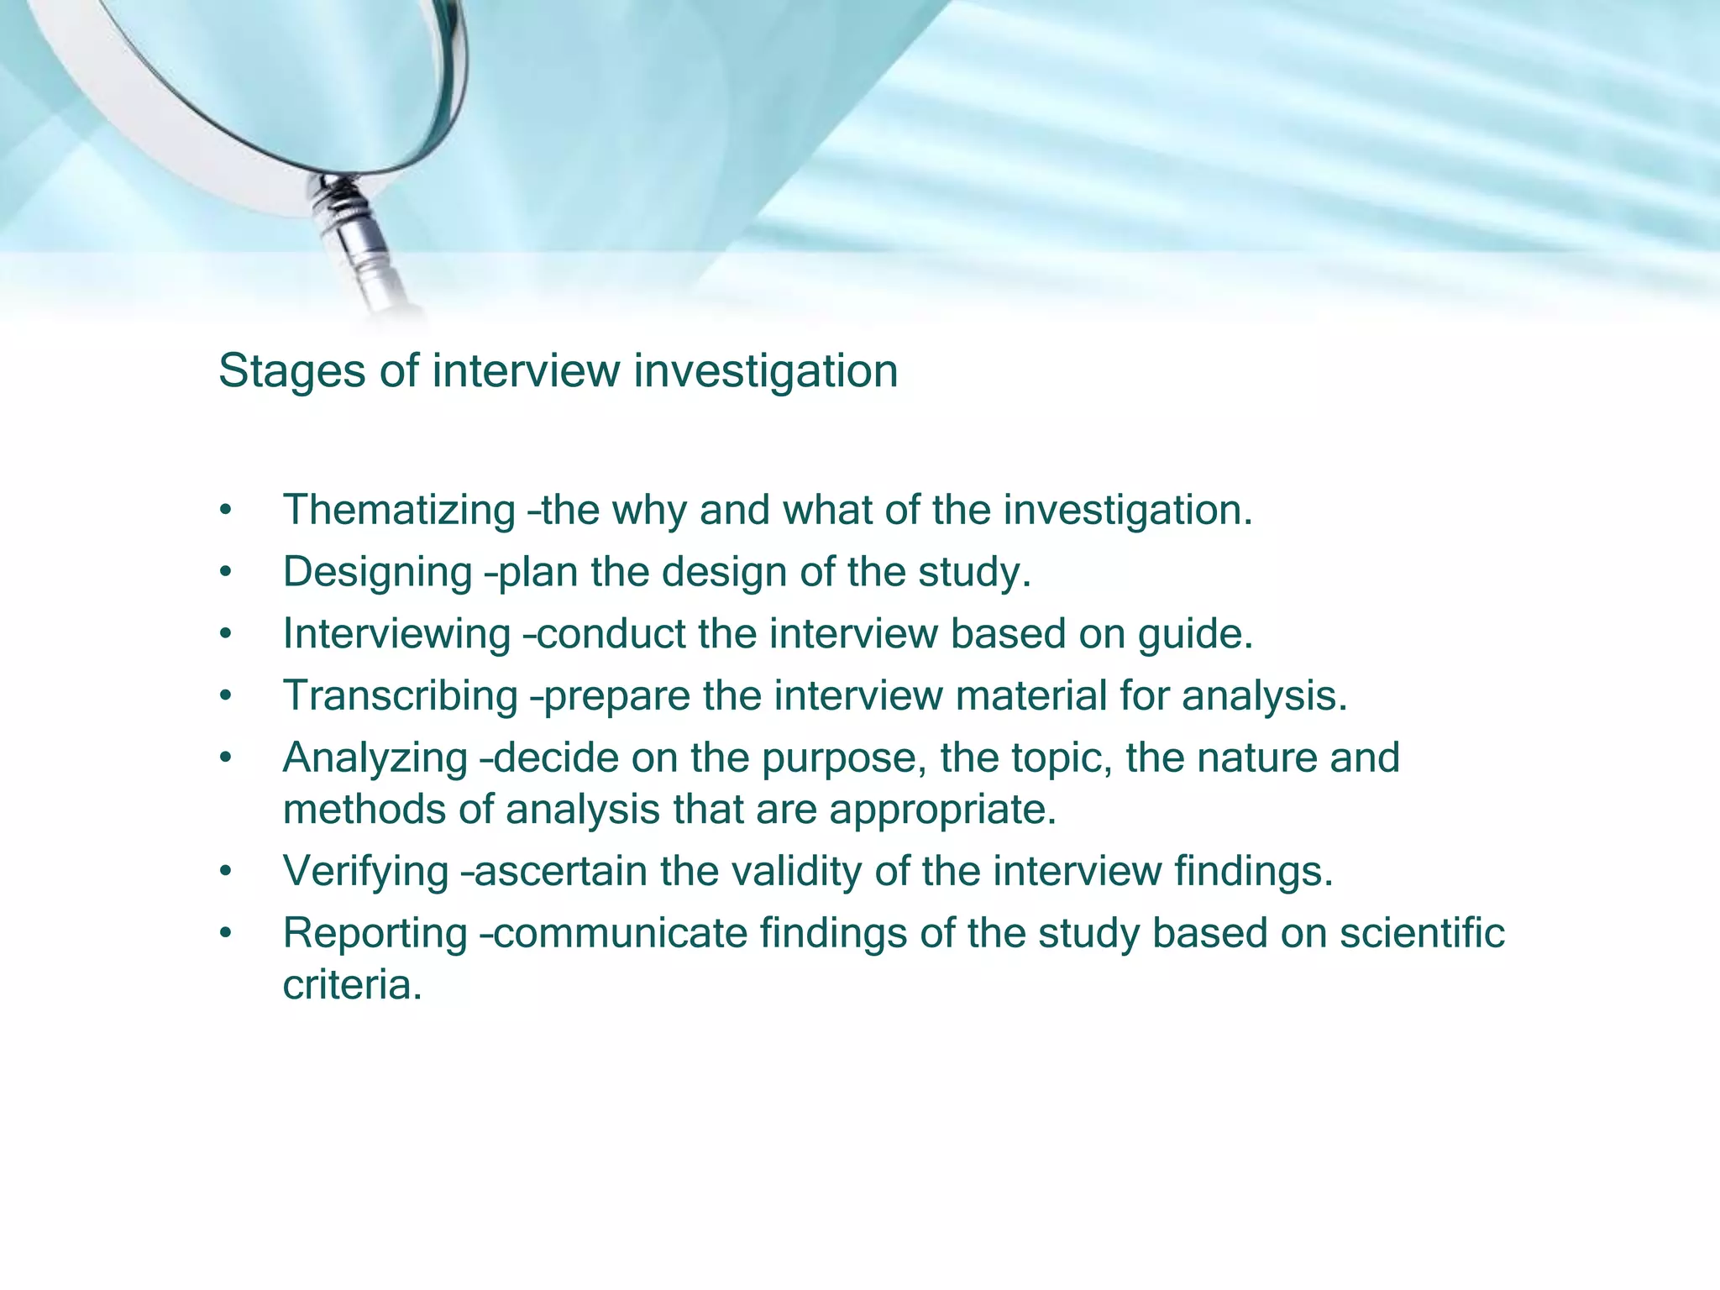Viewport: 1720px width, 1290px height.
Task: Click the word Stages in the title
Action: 291,371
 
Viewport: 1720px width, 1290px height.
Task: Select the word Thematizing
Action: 399,510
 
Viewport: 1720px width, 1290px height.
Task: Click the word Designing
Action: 377,572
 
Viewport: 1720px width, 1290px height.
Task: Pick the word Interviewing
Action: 396,633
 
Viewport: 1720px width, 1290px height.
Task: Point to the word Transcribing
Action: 401,696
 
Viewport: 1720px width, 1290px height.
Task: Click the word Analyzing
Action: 375,758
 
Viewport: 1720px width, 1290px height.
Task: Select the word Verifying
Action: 366,871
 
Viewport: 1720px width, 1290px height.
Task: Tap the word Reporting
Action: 375,933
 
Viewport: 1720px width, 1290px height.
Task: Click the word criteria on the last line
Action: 351,984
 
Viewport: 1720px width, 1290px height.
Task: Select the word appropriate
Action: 941,810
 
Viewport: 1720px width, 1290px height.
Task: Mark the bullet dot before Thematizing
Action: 224,511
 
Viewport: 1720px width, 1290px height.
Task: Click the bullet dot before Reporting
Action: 224,935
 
